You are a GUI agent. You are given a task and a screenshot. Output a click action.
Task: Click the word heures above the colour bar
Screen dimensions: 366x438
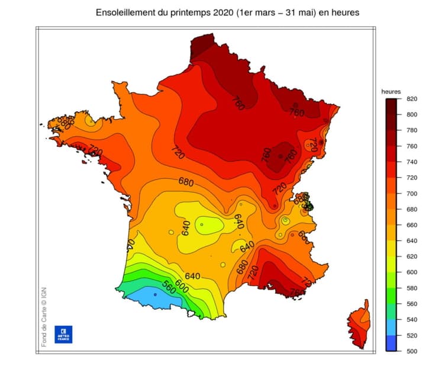[391, 91]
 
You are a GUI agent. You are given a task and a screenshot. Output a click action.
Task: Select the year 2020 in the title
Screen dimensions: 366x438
[217, 12]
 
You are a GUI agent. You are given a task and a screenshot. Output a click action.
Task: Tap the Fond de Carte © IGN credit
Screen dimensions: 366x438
[44, 316]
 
